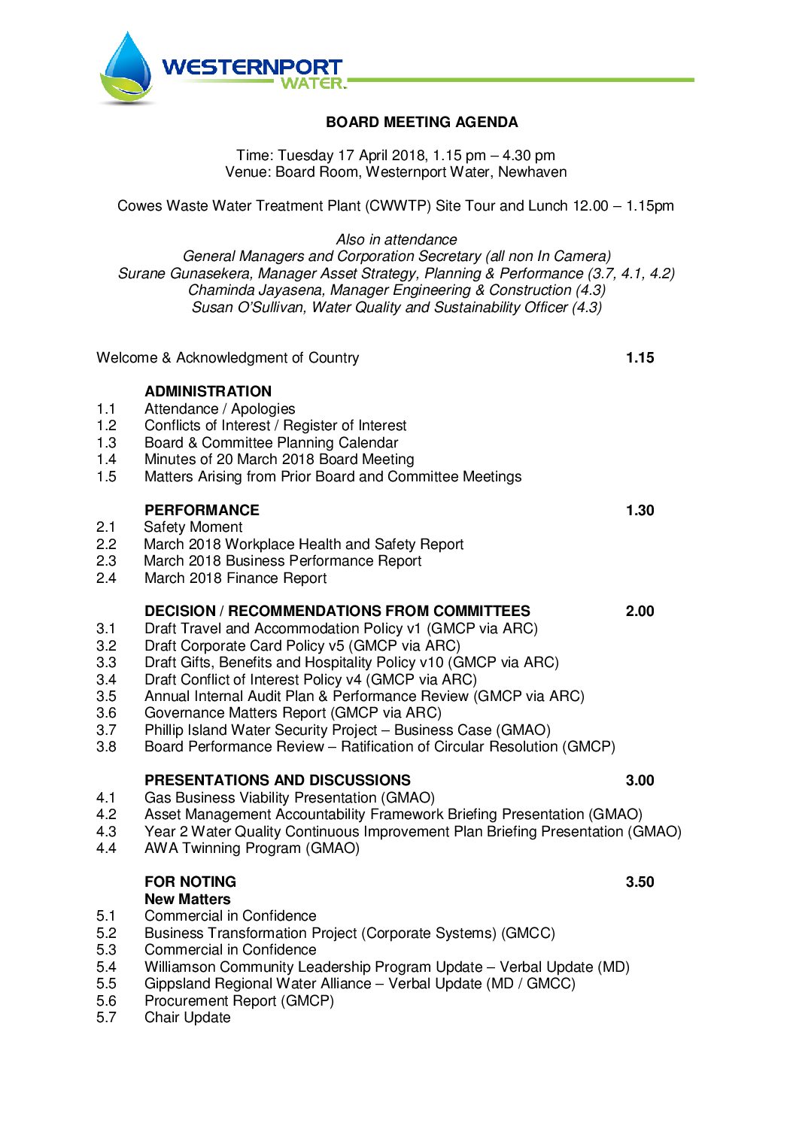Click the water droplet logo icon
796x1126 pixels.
126,68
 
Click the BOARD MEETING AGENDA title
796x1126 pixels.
421,122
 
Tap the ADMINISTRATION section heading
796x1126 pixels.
208,391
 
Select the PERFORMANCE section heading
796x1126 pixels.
202,510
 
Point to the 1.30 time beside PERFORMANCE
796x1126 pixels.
640,510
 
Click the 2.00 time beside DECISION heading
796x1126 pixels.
640,611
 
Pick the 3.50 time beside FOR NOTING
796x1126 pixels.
640,882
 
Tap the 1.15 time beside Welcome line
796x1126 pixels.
640,357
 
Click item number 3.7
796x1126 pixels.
106,730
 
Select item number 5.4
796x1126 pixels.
106,967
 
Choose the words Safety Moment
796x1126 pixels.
193,527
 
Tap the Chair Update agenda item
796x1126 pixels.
187,1017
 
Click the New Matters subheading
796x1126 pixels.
187,899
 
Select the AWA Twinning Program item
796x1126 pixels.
252,848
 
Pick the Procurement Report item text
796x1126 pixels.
239,1000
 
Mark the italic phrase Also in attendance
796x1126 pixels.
396,239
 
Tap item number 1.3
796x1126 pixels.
106,442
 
